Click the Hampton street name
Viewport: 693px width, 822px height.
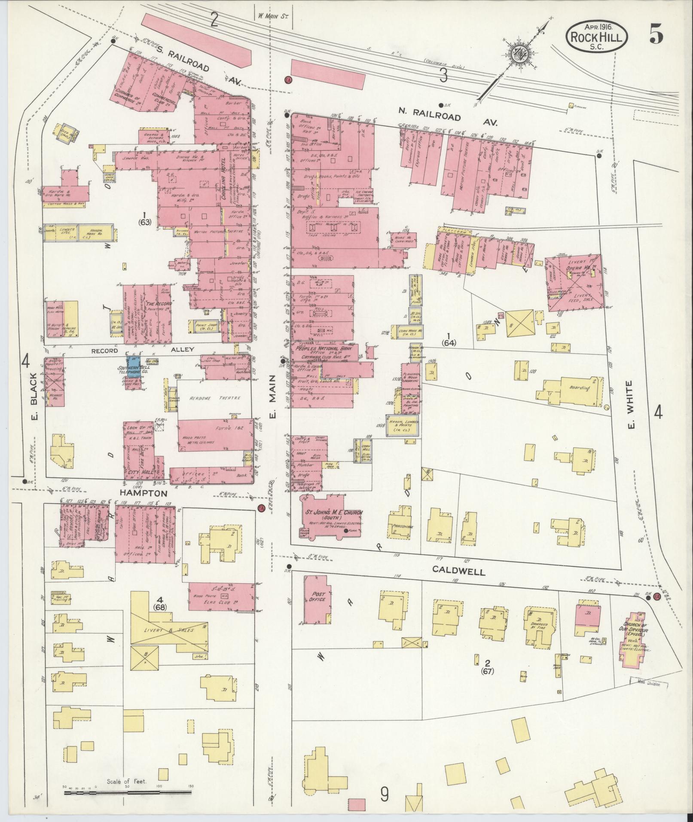(x=143, y=494)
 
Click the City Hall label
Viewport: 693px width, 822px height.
(x=137, y=471)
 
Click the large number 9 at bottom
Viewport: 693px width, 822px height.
(x=384, y=794)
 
